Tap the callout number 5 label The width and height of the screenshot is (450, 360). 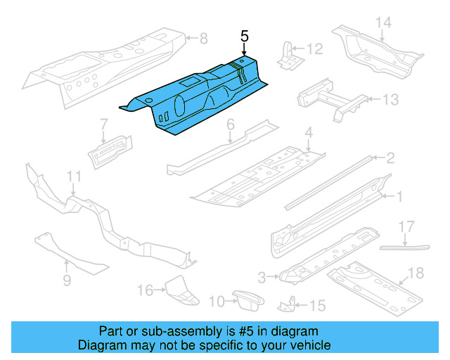pyautogui.click(x=244, y=36)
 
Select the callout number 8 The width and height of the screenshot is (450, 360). pyautogui.click(x=203, y=38)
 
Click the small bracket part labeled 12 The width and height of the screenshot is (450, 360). pyautogui.click(x=287, y=55)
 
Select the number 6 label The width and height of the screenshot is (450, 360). pyautogui.click(x=230, y=124)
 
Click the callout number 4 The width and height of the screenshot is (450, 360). pyautogui.click(x=308, y=131)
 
